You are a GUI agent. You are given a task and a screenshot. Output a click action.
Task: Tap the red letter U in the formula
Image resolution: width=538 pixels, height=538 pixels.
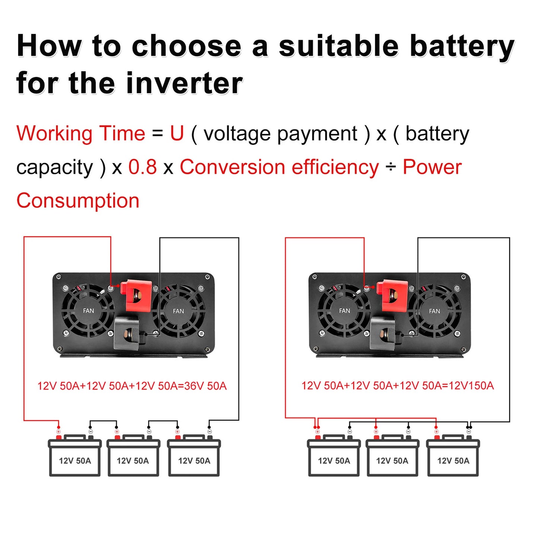[x=177, y=133]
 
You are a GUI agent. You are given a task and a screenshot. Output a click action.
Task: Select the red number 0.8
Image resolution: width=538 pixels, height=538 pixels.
[x=143, y=167]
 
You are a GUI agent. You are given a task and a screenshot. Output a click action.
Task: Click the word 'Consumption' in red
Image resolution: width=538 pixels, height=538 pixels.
[x=78, y=201]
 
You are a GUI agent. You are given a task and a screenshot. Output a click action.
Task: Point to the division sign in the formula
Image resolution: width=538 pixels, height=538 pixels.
[x=391, y=167]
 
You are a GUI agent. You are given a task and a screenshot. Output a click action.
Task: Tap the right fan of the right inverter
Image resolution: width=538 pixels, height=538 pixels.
[x=434, y=311]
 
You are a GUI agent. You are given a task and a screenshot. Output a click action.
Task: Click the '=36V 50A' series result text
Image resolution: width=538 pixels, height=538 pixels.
[x=204, y=386]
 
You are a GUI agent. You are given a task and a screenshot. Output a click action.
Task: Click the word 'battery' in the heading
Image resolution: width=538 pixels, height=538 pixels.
[x=462, y=47]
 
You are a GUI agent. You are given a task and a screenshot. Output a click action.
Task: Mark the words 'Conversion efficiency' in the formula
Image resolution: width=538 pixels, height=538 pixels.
[x=279, y=167]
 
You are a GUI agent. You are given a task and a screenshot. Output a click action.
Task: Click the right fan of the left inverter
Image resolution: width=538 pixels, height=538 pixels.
[x=178, y=311]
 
